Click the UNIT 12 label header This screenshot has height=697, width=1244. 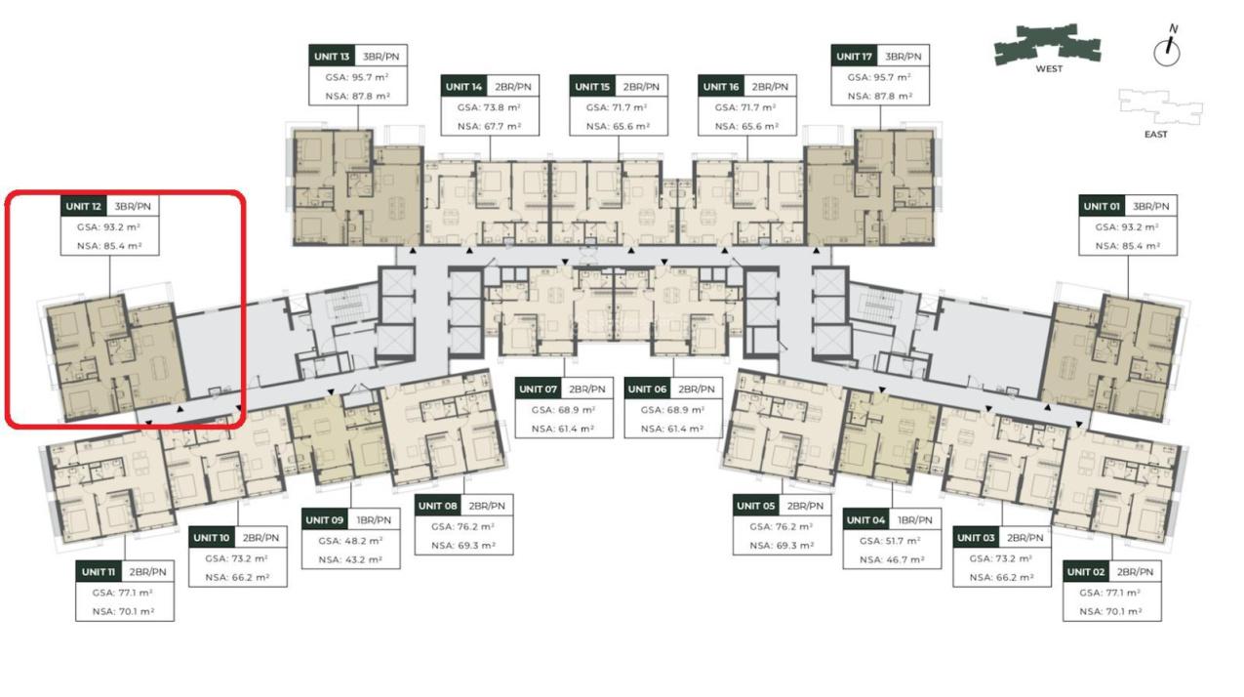point(83,206)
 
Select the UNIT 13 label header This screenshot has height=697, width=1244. point(332,57)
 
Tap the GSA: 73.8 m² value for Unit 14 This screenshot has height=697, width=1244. point(489,107)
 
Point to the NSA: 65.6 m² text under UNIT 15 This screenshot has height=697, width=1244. point(619,126)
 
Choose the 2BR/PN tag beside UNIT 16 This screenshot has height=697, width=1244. point(770,87)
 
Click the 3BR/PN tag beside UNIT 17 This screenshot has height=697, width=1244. point(903,57)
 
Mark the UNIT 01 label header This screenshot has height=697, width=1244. point(1102,206)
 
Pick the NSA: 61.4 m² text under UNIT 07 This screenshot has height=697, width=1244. point(563,429)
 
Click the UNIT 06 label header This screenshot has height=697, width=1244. point(647,389)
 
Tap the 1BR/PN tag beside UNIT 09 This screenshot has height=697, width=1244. point(374,519)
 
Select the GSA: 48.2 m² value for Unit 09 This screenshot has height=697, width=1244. point(350,540)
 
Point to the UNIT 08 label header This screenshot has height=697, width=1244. point(438,506)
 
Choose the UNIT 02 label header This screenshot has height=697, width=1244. point(1086,572)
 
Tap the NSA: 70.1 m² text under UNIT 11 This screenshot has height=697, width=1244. point(123,611)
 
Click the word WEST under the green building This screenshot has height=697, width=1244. point(1049,69)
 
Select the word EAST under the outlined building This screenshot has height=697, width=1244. point(1155,135)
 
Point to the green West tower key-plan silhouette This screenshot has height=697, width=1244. point(1048,43)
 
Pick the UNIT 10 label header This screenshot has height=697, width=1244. point(212,538)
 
